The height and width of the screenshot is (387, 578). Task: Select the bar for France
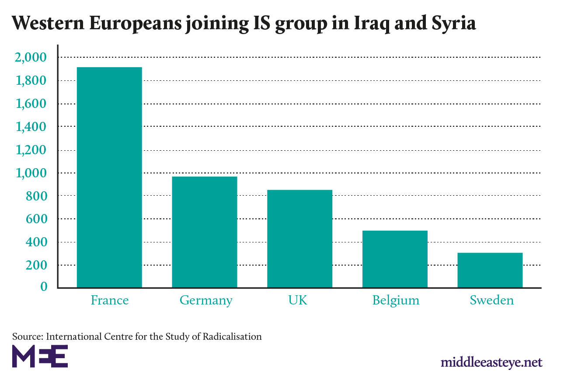(109, 177)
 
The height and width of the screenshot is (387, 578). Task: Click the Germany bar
(205, 232)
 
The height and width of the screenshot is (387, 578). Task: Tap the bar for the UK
(300, 238)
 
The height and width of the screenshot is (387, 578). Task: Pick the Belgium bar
(395, 259)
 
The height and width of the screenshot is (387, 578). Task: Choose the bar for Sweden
(490, 270)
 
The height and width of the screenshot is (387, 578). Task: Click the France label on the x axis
(110, 301)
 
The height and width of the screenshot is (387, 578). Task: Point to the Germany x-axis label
(206, 301)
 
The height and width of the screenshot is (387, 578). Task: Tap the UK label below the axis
(298, 301)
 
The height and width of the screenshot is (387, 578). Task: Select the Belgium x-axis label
(396, 301)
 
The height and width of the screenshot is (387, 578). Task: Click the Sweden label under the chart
(492, 301)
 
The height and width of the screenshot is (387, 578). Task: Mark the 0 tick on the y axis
(43, 287)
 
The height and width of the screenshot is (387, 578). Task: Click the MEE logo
(40, 356)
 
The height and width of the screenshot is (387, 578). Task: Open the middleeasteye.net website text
(491, 362)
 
